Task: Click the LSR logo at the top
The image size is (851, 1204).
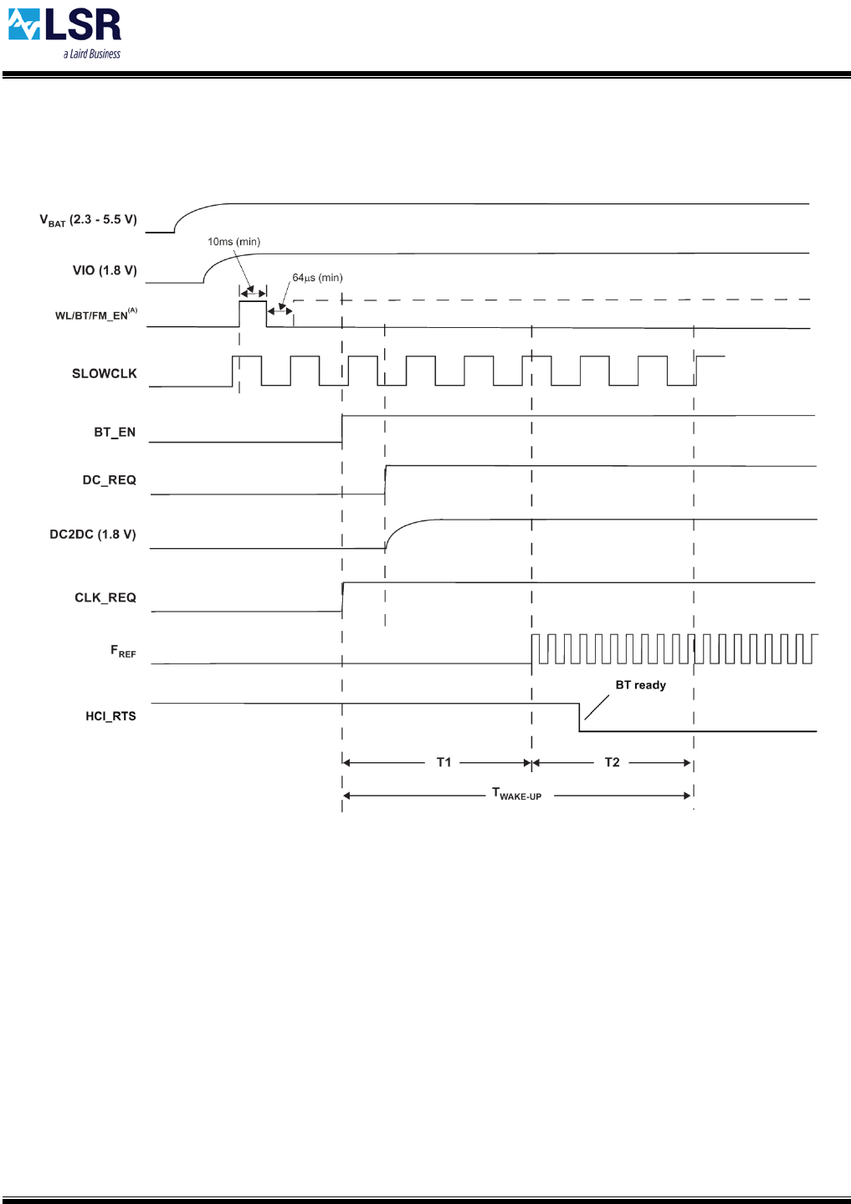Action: pyautogui.click(x=64, y=27)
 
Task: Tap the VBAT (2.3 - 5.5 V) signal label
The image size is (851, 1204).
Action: pyautogui.click(x=88, y=220)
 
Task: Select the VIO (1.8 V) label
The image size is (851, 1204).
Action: pyautogui.click(x=105, y=270)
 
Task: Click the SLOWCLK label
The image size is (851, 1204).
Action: pyautogui.click(x=104, y=374)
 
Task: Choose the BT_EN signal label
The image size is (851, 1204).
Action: pyautogui.click(x=115, y=433)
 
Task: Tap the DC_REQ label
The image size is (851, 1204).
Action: pyautogui.click(x=109, y=480)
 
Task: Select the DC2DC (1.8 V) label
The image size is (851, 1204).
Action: pyautogui.click(x=92, y=535)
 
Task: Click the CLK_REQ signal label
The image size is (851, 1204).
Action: pyautogui.click(x=105, y=597)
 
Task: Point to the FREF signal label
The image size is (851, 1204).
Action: pyautogui.click(x=122, y=651)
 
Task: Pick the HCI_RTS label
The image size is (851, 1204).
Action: pyautogui.click(x=110, y=716)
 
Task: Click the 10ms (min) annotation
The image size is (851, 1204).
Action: pyautogui.click(x=233, y=242)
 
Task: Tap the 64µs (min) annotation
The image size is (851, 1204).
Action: pyautogui.click(x=317, y=278)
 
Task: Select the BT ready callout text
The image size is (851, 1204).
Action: pyautogui.click(x=640, y=685)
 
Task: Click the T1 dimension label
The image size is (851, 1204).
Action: pyautogui.click(x=443, y=762)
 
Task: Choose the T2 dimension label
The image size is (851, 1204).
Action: pyautogui.click(x=612, y=762)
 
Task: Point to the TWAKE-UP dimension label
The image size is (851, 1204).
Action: pyautogui.click(x=516, y=794)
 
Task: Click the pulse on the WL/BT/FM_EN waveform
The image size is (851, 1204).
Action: pyautogui.click(x=253, y=313)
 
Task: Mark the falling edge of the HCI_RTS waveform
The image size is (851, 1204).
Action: pyautogui.click(x=579, y=717)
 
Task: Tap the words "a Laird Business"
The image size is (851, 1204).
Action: pyautogui.click(x=92, y=54)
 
